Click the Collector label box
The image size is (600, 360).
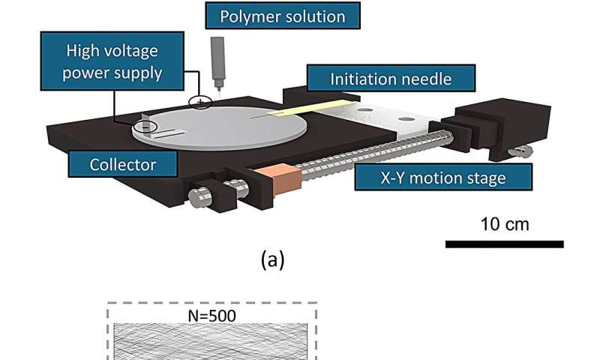tap(124, 163)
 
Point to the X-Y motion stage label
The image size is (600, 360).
tap(445, 178)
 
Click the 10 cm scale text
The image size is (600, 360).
tap(503, 224)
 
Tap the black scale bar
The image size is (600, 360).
tap(503, 244)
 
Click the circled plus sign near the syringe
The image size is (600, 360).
tap(200, 103)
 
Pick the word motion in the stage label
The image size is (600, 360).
tap(446, 178)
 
